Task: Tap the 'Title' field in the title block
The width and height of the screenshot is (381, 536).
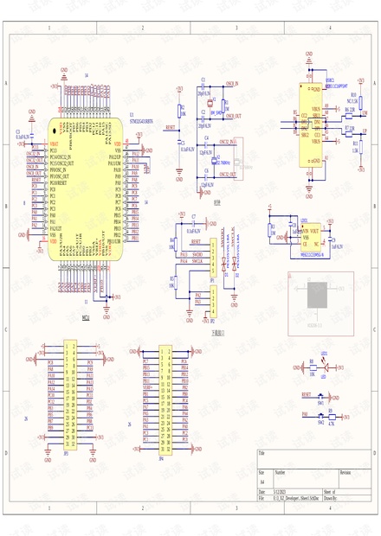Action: [262, 452]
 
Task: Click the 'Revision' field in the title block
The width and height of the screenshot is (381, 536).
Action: [345, 473]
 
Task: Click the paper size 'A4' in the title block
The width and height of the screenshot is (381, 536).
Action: [262, 482]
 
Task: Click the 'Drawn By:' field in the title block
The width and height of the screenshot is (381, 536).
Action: [331, 499]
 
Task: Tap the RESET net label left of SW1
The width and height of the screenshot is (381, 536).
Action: [306, 393]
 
